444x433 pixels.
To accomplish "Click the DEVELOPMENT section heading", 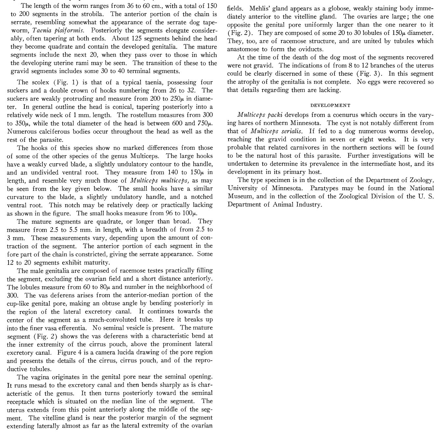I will [x=330, y=105].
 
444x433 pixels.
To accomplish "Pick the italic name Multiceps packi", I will [x=260, y=115].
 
